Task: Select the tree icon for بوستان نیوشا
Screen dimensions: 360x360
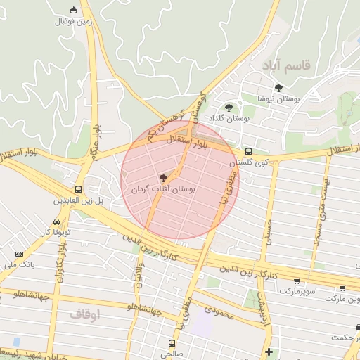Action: tap(279, 88)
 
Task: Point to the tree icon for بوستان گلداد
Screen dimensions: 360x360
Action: tap(229, 108)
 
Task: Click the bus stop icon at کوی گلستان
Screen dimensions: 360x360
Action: tap(248, 151)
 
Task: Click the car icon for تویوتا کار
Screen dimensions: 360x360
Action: tap(56, 221)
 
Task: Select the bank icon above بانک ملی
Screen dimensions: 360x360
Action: tap(19, 254)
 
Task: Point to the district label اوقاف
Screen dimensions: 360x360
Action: tap(85, 314)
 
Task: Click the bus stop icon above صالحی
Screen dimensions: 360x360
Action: tap(172, 343)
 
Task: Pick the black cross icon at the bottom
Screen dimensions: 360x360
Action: tap(269, 351)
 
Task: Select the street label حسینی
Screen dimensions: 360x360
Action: tap(267, 232)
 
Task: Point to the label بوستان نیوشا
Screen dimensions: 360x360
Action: tap(278, 100)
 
